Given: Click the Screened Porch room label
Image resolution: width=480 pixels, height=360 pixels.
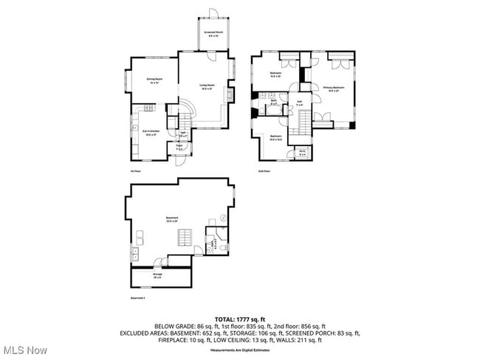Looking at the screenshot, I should pyautogui.click(x=214, y=34).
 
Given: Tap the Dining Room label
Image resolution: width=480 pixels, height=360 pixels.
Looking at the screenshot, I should pyautogui.click(x=154, y=80).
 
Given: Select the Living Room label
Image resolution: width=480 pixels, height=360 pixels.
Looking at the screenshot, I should pyautogui.click(x=207, y=86).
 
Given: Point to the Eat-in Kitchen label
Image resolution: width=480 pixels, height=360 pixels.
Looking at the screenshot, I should pyautogui.click(x=151, y=134).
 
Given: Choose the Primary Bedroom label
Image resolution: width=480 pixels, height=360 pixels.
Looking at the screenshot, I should pyautogui.click(x=334, y=89).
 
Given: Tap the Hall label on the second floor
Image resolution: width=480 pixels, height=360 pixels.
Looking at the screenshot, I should pyautogui.click(x=300, y=103).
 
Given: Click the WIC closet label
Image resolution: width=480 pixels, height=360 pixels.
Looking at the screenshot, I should pyautogui.click(x=303, y=153).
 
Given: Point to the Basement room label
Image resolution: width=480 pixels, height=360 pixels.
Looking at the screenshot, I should pyautogui.click(x=172, y=219).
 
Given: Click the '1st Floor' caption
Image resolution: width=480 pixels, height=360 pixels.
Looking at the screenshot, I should pyautogui.click(x=134, y=171).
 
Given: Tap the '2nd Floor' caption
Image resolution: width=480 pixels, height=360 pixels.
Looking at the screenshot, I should pyautogui.click(x=264, y=171).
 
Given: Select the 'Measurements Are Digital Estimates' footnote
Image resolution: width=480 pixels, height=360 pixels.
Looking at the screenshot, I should pyautogui.click(x=239, y=350).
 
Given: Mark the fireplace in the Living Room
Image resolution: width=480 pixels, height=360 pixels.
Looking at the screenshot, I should pyautogui.click(x=230, y=94).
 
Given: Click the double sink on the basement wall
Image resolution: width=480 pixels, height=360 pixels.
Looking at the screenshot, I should pyautogui.click(x=135, y=255).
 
